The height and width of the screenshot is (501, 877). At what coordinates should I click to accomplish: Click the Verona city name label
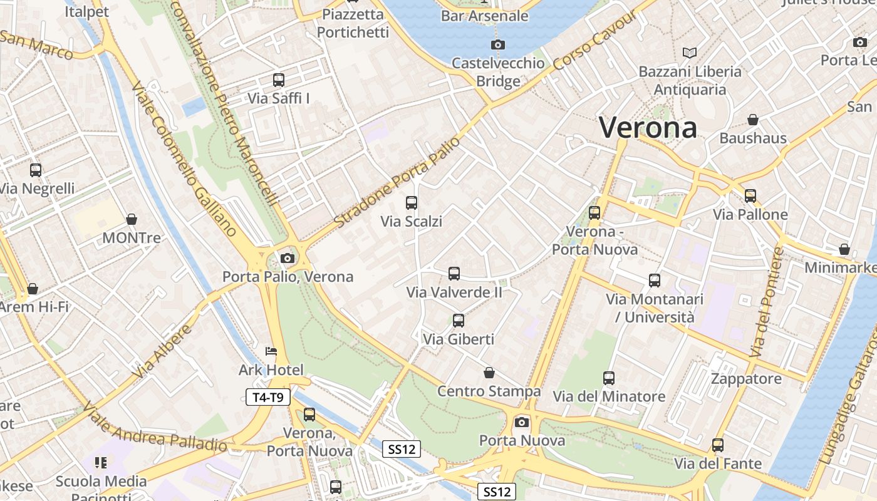coord(648,128)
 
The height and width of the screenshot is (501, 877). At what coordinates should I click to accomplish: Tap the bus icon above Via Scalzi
coord(412,203)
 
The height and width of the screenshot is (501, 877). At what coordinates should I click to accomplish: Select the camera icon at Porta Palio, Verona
coord(288,258)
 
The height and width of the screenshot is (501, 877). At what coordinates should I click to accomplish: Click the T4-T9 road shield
coord(268,396)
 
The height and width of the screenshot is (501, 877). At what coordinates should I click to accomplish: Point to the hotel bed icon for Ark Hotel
coord(271,351)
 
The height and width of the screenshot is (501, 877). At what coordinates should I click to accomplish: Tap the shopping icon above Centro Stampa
coord(489,373)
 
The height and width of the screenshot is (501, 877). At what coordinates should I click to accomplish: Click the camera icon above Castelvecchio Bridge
coord(498,44)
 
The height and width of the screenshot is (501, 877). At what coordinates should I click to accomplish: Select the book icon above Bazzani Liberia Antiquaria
coord(690,53)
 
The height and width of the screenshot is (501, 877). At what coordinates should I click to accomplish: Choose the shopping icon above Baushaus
coord(753,120)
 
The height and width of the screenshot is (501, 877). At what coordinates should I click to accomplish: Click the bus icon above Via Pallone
coord(750,196)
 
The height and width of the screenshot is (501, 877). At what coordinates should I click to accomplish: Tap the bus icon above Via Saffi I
coord(279,80)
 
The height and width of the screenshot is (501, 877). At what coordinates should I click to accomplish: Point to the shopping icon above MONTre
coord(132,219)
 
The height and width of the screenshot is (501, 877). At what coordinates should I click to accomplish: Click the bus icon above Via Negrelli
coord(36,170)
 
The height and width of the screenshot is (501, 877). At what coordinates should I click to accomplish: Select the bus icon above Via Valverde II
coord(454,274)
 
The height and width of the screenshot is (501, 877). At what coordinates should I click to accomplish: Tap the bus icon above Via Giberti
coord(459,321)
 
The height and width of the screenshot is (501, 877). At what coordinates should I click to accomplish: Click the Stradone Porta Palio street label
coord(397,182)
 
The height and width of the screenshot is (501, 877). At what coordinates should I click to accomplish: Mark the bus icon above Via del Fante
coord(718,445)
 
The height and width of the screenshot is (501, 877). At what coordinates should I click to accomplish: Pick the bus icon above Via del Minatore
coord(609,378)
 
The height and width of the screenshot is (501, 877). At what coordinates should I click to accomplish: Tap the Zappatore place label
coord(746,379)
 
